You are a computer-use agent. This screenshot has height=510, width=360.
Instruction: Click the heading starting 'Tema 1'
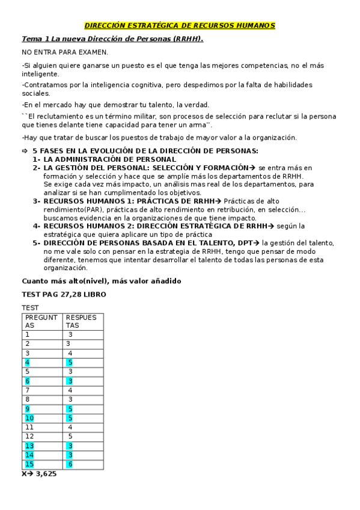(x=112, y=39)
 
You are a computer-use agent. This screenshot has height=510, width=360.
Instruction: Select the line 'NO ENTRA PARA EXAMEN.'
(x=64, y=52)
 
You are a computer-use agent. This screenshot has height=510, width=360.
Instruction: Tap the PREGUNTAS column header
(x=41, y=321)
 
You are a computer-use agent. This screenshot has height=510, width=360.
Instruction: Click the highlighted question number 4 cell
(x=27, y=362)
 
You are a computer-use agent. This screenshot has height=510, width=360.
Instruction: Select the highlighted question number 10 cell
(x=29, y=418)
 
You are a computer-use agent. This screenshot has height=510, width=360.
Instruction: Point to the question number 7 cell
(x=27, y=390)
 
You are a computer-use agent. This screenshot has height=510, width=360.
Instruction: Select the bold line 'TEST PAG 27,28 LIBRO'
(x=64, y=295)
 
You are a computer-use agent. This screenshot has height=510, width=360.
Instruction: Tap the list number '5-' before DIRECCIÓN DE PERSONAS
(x=37, y=243)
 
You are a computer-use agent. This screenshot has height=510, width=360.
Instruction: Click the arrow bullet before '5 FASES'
(x=25, y=150)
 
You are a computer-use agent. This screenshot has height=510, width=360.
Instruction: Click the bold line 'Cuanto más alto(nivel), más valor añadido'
(x=101, y=281)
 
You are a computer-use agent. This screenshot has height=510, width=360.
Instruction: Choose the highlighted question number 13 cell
(x=29, y=446)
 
